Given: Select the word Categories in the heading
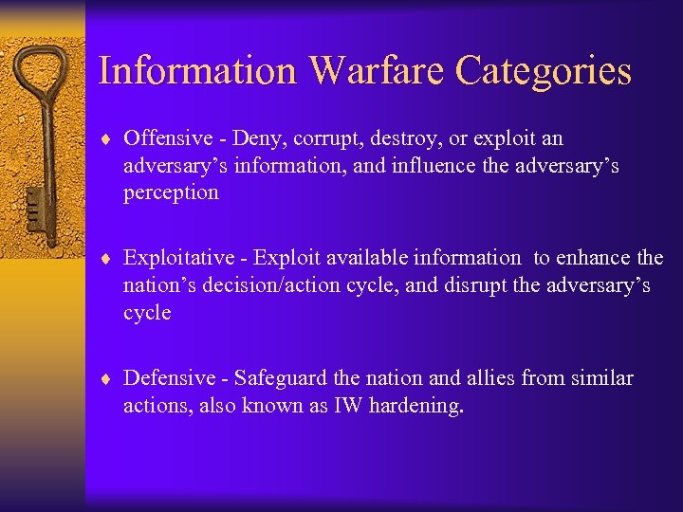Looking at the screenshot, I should [x=544, y=71].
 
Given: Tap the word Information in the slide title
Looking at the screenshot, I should [x=198, y=71].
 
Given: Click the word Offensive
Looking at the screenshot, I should [x=168, y=138].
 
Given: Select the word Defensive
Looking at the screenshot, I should [x=170, y=378].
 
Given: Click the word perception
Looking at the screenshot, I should [x=171, y=192].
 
